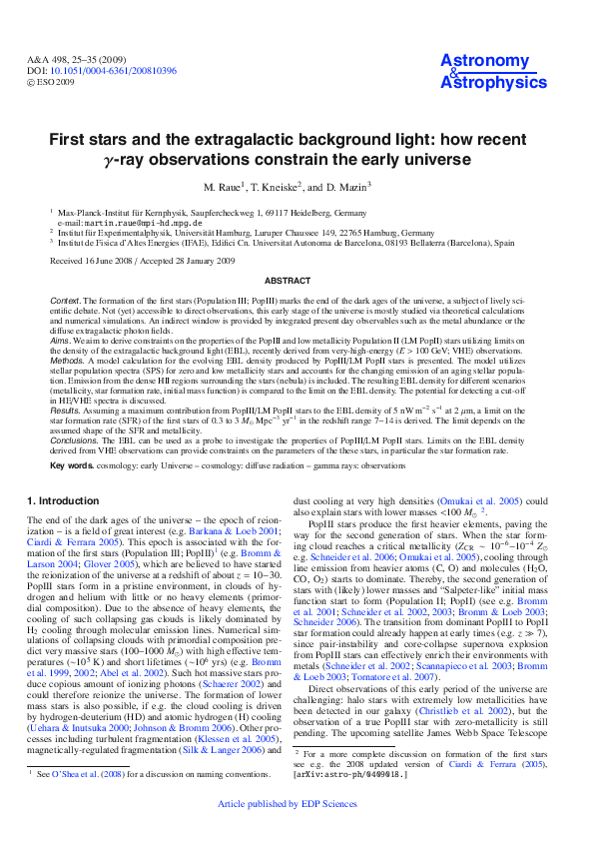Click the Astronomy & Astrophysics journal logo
point(485,72)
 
